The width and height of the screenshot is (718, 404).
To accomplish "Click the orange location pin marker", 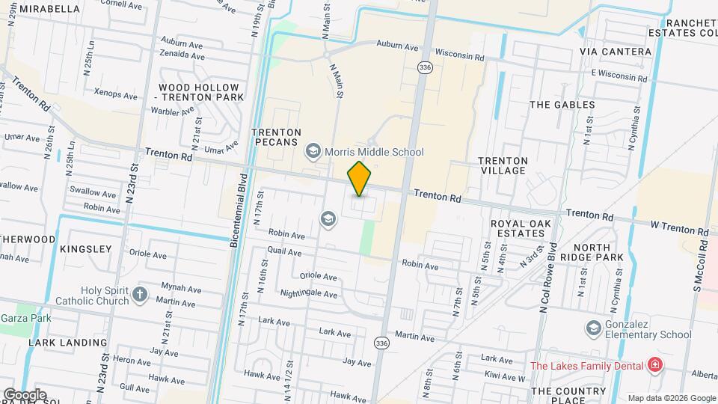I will tap(360, 178).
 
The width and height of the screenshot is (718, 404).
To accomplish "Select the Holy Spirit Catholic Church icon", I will tap(140, 294).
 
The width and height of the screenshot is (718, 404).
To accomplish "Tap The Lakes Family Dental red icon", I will tap(655, 365).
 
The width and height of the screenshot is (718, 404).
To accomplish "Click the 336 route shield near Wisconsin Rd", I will tap(425, 67).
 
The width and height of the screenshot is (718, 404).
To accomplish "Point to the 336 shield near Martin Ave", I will tap(382, 343).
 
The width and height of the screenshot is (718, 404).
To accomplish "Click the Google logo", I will tap(24, 394).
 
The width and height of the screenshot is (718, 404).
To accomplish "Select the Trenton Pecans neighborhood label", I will tap(277, 137).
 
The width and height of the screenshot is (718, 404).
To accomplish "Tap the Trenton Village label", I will tap(503, 165).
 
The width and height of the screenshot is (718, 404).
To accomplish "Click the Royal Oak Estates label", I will tap(517, 228).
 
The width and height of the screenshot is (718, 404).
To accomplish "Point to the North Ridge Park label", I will tap(598, 252).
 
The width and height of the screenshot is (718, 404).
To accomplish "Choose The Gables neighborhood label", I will tap(562, 105).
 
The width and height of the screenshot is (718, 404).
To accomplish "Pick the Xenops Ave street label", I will tap(116, 96).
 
